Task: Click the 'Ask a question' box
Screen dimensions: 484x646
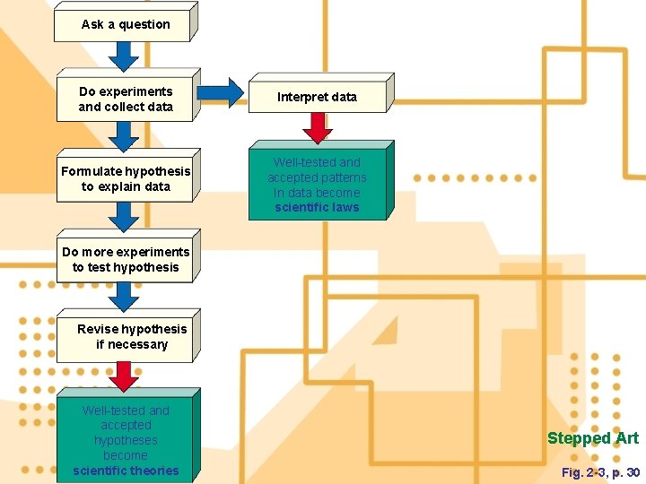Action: [x=125, y=25]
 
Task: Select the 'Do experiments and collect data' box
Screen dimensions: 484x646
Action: [x=126, y=99]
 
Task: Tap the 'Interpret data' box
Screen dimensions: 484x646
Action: [x=317, y=97]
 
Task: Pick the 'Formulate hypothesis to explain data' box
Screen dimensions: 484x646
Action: [x=126, y=179]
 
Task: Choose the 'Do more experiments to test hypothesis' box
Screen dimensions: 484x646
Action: [x=126, y=260]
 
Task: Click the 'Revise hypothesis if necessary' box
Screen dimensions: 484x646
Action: [x=126, y=337]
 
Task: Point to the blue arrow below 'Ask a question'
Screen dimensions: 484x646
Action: [x=124, y=56]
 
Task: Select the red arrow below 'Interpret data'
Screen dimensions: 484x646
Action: [x=317, y=128]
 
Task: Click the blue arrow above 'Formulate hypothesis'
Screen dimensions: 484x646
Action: [x=124, y=136]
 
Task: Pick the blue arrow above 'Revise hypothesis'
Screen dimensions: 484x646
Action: [x=124, y=297]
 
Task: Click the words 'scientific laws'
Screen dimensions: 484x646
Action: [x=317, y=208]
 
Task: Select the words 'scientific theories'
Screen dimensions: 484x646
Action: [x=126, y=471]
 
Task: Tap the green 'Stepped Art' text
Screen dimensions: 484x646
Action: [x=593, y=438]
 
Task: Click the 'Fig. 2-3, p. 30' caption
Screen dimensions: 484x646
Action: [x=600, y=472]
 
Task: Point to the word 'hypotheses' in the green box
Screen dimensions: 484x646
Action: [x=126, y=440]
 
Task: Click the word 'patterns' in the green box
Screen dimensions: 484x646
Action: [x=342, y=177]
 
